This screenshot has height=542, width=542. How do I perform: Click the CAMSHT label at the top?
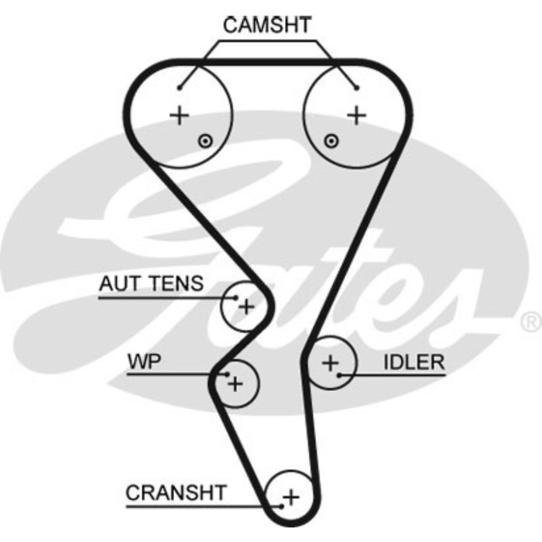[x=266, y=25]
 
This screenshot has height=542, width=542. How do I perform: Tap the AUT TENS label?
[x=151, y=284]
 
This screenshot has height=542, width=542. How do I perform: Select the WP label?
[x=145, y=361]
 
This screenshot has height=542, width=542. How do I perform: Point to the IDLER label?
[x=414, y=362]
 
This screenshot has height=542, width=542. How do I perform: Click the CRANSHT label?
[x=176, y=492]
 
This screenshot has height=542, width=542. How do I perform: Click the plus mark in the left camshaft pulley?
[x=180, y=116]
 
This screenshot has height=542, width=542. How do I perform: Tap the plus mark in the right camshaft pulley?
[x=355, y=116]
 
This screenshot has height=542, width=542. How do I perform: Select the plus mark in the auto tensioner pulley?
[x=246, y=307]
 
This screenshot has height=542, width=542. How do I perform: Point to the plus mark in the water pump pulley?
[x=236, y=382]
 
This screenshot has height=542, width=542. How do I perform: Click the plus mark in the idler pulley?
[x=331, y=362]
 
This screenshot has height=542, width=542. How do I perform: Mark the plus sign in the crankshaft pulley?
[x=290, y=496]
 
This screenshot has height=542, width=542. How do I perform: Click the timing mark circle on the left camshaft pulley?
[x=204, y=141]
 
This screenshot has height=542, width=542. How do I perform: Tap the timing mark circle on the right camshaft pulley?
[x=331, y=141]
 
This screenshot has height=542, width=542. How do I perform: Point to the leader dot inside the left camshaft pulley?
[x=180, y=87]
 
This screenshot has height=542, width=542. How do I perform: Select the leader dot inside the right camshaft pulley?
[x=355, y=87]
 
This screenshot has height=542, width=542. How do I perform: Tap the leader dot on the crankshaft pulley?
[x=279, y=507]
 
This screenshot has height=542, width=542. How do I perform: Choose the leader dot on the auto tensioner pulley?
[x=233, y=297]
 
